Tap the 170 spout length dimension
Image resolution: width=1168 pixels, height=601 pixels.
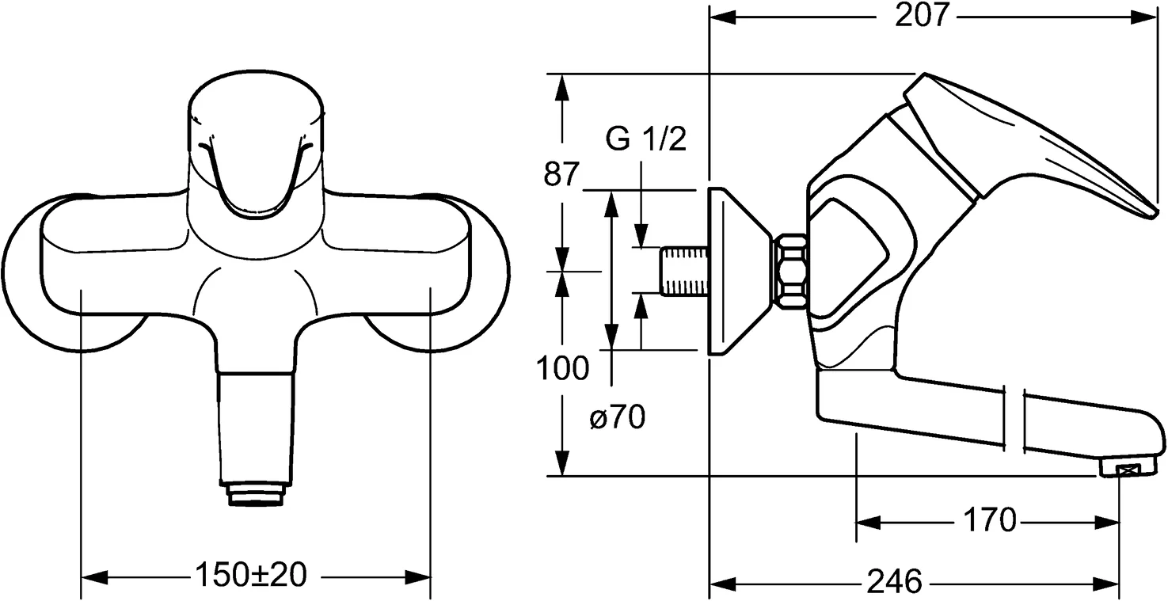coord(989,521)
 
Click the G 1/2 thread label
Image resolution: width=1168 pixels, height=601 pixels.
coord(645,140)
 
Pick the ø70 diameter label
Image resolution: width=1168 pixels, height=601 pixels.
coord(617,418)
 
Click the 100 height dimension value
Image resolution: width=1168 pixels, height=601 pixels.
coord(562,368)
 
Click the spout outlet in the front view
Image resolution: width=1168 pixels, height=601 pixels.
coord(256,495)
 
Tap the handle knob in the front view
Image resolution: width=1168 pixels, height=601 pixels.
coord(257,150)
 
